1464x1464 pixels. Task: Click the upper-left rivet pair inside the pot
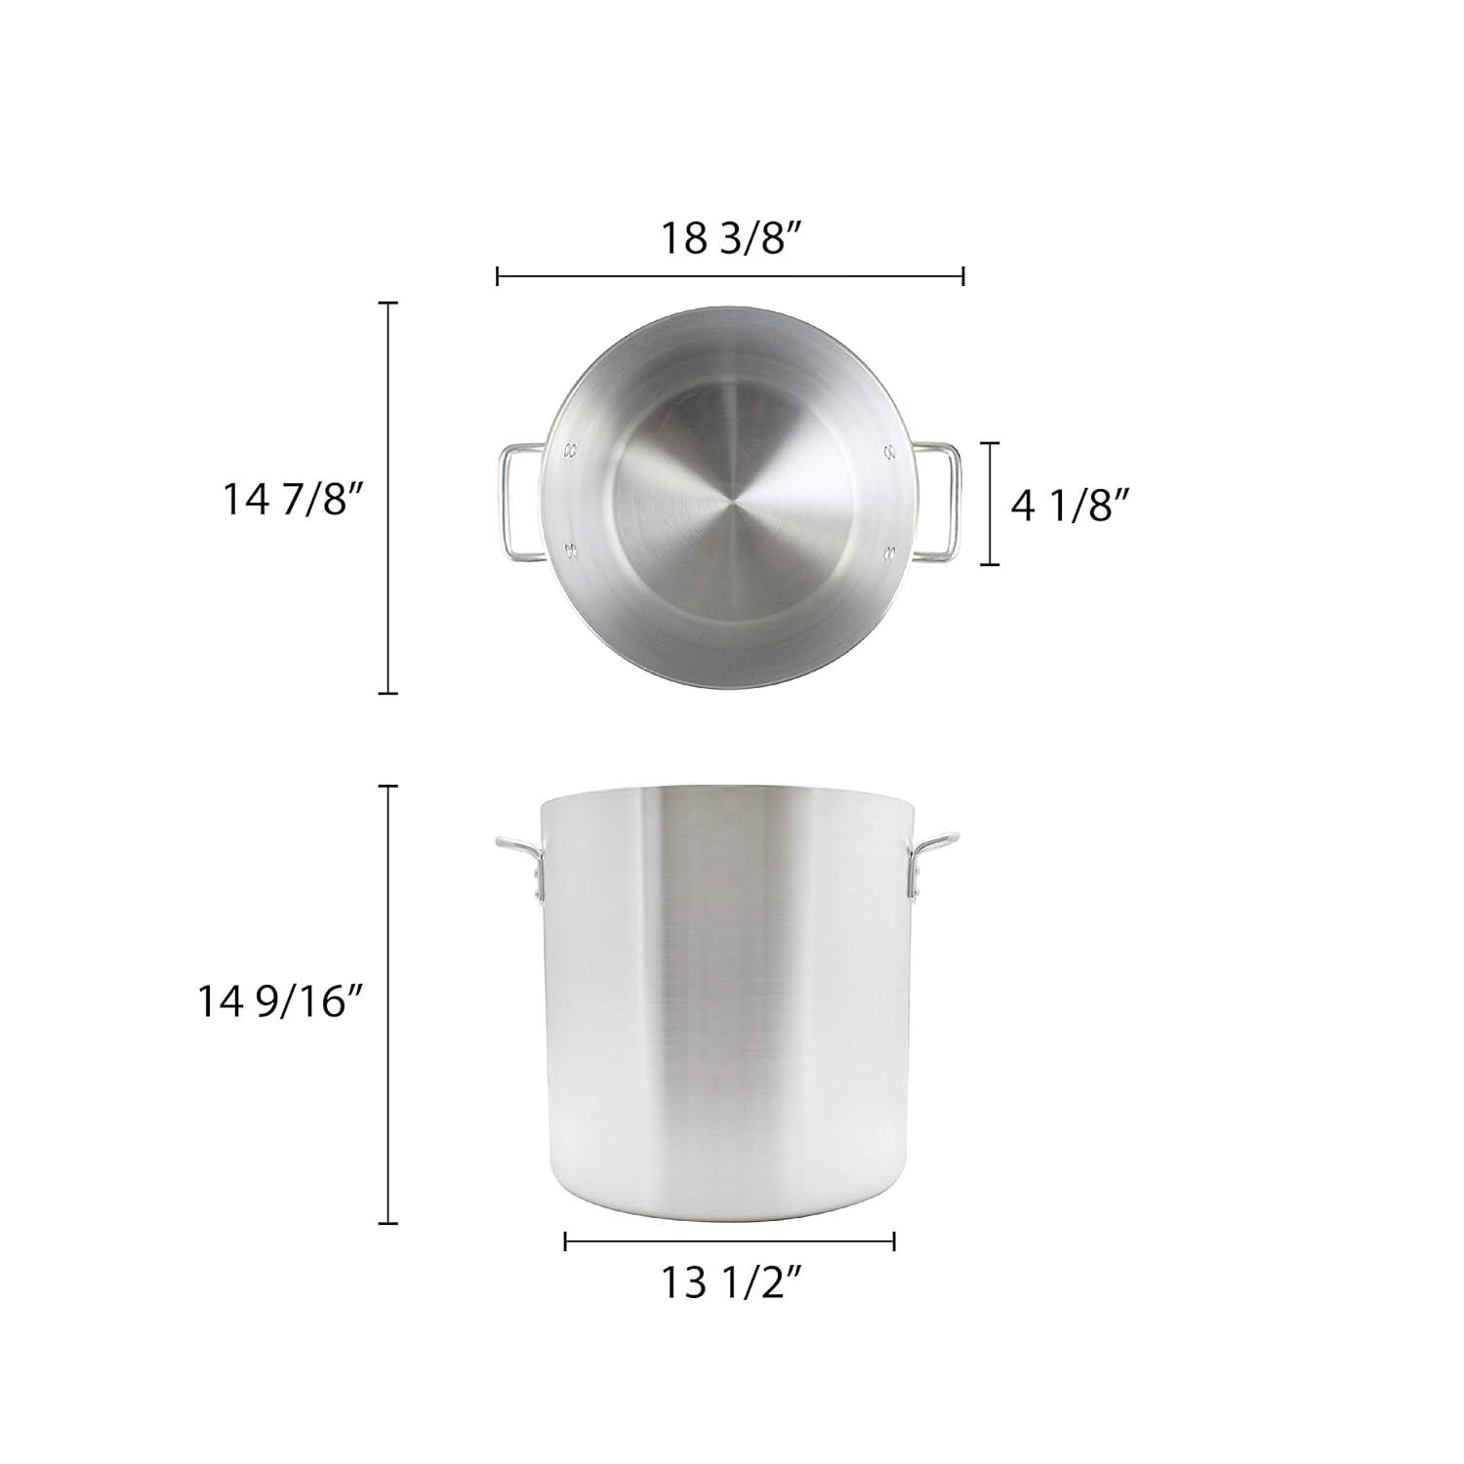point(570,451)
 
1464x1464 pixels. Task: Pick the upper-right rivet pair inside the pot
point(889,451)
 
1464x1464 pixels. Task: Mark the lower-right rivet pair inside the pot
point(889,553)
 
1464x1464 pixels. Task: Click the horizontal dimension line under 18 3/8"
point(730,276)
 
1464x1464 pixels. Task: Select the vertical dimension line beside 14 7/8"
point(388,498)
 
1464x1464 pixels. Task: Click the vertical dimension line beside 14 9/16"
point(388,1002)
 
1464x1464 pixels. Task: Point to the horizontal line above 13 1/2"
point(730,1241)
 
